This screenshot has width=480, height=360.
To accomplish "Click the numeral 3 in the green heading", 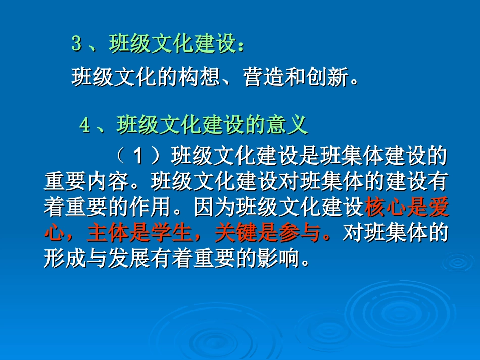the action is pos(77,43).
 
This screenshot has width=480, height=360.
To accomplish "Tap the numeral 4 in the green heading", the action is pos(85,125).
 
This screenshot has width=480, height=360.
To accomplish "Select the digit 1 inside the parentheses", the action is pos(138,156).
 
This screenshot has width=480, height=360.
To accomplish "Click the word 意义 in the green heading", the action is pos(287,125).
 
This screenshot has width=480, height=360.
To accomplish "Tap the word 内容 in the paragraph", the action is pos(108,181).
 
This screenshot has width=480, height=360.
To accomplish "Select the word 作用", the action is pos(150,207).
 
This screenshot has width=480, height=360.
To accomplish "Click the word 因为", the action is pos(215,207).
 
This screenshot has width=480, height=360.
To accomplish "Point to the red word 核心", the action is pos(386,207).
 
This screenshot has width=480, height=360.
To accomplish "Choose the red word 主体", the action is pos(108,233).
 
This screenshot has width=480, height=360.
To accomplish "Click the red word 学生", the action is pos(172,233).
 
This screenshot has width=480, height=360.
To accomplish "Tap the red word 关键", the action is pos(236,233).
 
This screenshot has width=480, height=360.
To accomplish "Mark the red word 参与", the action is pos(300,233).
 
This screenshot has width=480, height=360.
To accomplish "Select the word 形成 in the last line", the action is pos(65,259).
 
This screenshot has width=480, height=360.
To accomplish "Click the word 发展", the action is pos(129,259).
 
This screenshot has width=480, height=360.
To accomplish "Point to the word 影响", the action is pos(278,259).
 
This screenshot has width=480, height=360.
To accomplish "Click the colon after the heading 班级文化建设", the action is pos(241,46).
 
